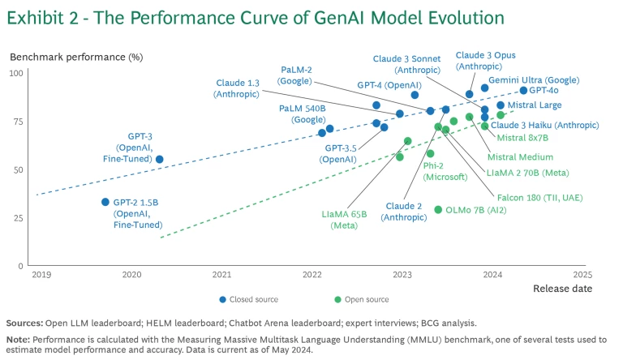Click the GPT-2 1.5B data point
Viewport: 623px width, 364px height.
[x=105, y=202]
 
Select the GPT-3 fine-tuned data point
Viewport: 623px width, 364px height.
[x=159, y=160]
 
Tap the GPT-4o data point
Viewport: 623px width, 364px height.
[x=523, y=91]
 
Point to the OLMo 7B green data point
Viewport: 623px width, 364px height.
[x=438, y=210]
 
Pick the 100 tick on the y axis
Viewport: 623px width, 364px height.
[x=16, y=74]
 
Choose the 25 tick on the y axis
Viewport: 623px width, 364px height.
[x=19, y=218]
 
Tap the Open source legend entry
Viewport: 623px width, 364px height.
[x=362, y=299]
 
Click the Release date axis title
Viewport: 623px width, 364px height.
[x=561, y=289]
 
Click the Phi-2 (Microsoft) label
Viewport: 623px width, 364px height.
[x=445, y=171]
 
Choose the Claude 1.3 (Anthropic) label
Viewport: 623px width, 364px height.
[x=238, y=88]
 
